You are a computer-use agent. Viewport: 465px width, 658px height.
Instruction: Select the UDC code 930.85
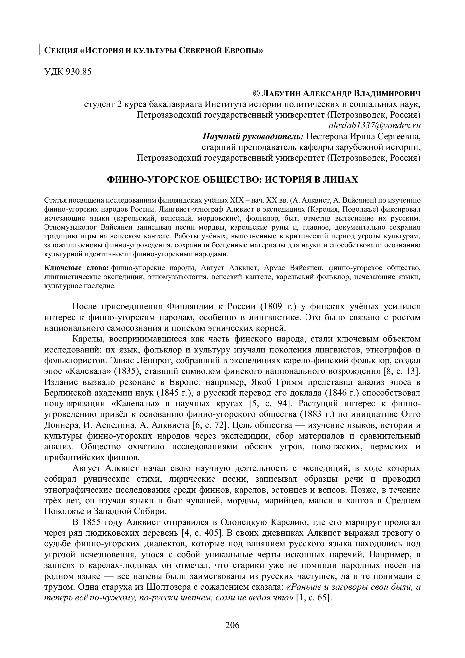(x=78, y=72)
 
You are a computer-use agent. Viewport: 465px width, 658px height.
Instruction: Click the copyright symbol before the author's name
(x=256, y=93)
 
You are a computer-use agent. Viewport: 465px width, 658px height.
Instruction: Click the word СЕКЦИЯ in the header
(x=61, y=51)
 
